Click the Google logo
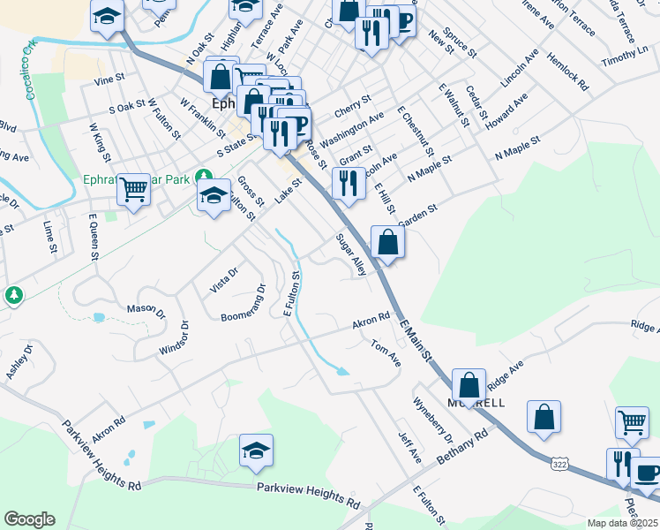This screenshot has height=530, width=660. pos(29,519)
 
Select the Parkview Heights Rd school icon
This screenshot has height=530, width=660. pos(256,450)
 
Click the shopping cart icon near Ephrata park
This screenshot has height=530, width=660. pos(134,187)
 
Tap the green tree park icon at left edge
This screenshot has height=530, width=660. pos(13,294)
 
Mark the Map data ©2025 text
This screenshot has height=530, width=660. pos(622,523)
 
